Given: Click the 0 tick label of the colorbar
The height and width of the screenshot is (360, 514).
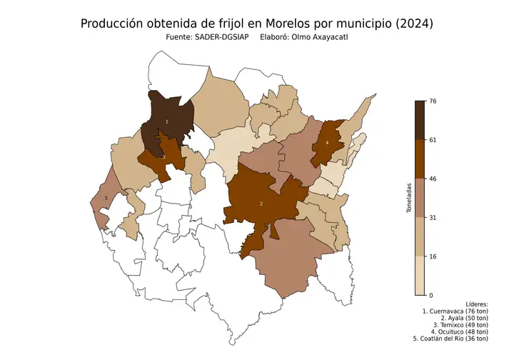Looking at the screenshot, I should [430, 294].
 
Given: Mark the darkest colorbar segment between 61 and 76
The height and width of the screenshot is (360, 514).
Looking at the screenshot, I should [420, 120].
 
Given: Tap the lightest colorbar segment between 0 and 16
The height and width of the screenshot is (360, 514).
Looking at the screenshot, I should [420, 275].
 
